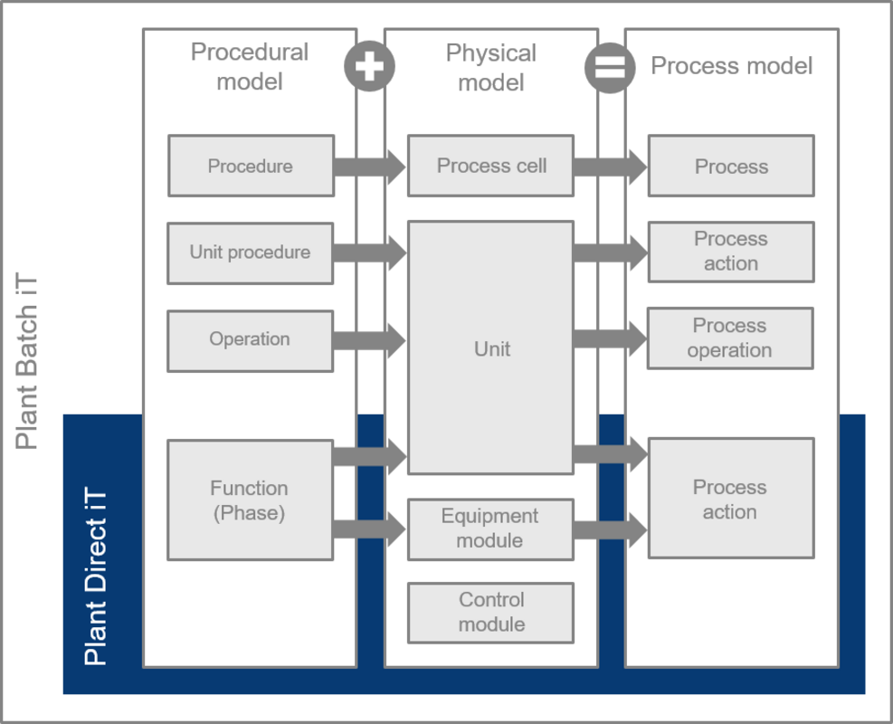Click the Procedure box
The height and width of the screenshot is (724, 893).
[252, 166]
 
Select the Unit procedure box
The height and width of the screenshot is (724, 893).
[250, 252]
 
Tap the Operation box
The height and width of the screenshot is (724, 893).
[250, 340]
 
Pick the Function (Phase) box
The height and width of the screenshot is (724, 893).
[250, 500]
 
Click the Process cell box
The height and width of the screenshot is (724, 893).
[491, 166]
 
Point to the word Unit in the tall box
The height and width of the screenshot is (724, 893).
[492, 348]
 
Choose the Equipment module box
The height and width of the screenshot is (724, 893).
[491, 529]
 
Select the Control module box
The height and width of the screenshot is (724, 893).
[491, 613]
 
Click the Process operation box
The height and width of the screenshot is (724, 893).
[730, 338]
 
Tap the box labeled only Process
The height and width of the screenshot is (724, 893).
[731, 166]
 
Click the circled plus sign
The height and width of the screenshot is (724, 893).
[370, 66]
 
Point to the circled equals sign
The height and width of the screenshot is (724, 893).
[610, 68]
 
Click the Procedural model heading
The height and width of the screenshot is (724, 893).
[250, 67]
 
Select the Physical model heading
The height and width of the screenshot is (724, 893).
[491, 68]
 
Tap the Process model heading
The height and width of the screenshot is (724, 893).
[731, 66]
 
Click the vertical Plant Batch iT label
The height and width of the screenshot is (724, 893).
[26, 361]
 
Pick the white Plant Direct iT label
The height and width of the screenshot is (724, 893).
[95, 576]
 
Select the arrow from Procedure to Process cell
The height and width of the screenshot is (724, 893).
[370, 167]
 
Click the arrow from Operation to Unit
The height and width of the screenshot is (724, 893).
[370, 340]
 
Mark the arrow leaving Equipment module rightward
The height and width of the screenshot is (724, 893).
[611, 529]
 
